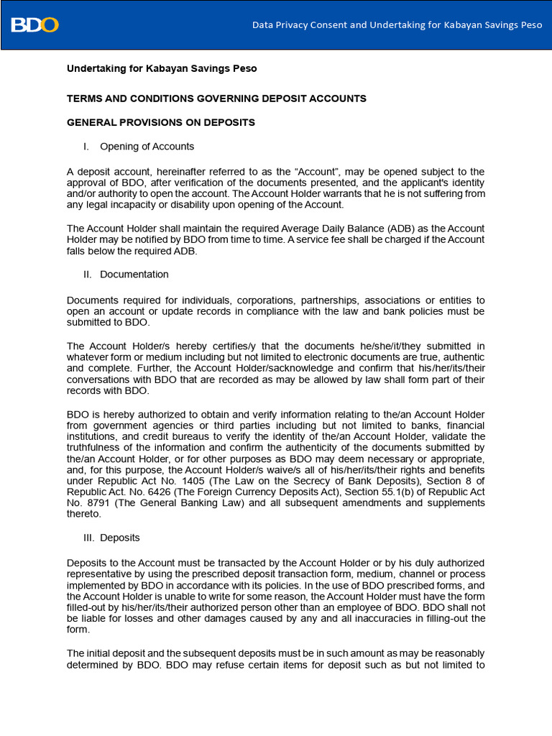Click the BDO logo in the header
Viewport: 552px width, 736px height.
click(34, 25)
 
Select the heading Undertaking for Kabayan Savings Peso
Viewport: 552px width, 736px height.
click(162, 69)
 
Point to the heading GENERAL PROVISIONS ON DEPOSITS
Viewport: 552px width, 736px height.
click(161, 123)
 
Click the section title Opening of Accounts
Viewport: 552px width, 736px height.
click(147, 147)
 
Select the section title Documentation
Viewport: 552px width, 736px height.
click(134, 275)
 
